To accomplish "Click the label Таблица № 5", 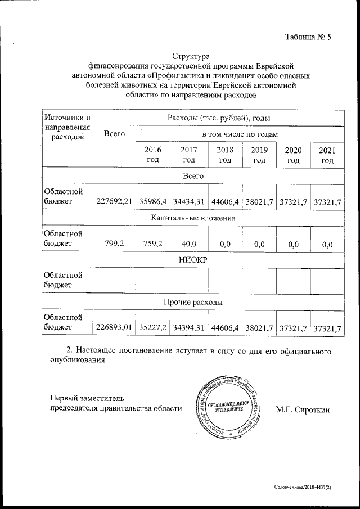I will point(308,38).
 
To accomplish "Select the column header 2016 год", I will point(153,155).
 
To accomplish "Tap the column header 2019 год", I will point(259,155).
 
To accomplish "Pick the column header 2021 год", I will point(327,155).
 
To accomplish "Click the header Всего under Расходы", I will point(114,134).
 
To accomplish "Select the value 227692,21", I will point(114,201).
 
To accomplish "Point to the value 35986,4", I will point(153,201).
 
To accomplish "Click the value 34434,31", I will point(189,201).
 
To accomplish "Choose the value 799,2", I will point(114,244).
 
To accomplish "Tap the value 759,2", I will point(153,244).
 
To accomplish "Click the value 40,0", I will point(189,244).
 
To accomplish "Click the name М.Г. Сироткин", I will point(303,409).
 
